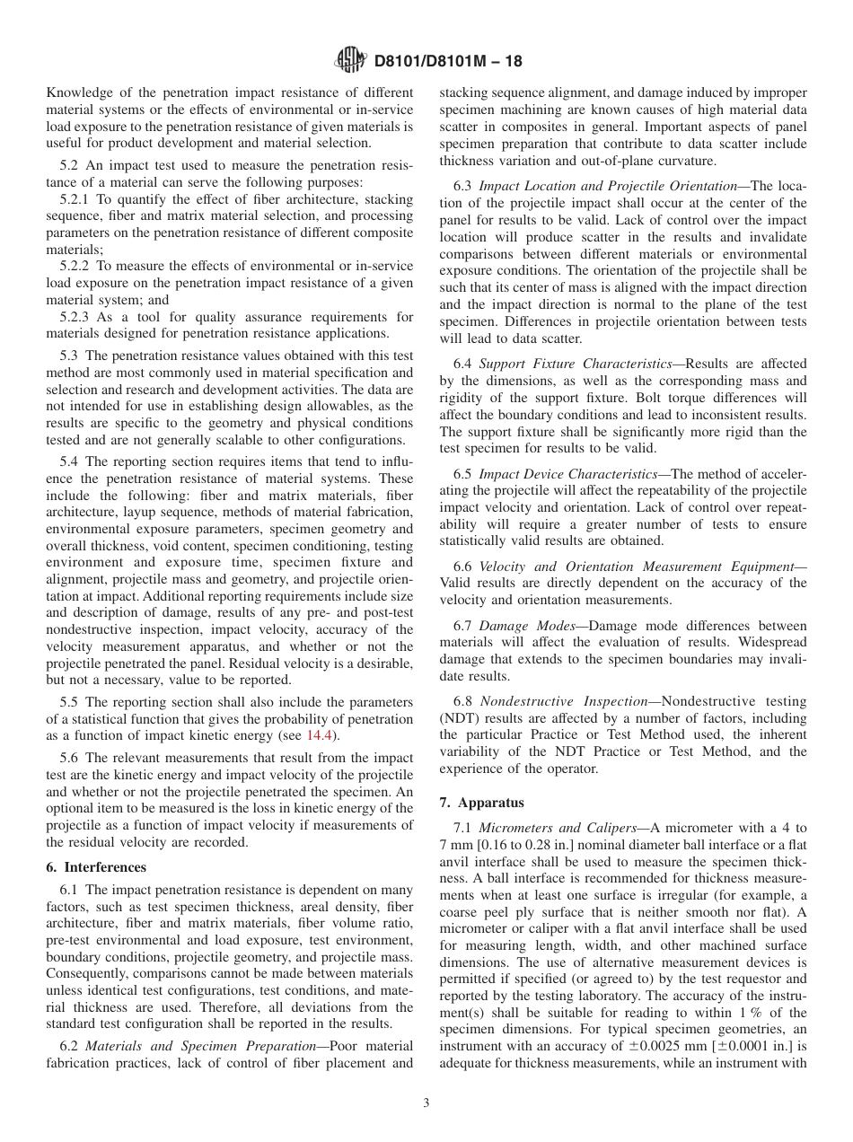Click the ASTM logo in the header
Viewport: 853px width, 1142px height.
point(349,61)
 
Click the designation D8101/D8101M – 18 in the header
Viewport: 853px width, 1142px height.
point(448,62)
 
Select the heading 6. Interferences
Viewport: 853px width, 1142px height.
point(95,867)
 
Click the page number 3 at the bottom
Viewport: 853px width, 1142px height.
point(426,1103)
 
